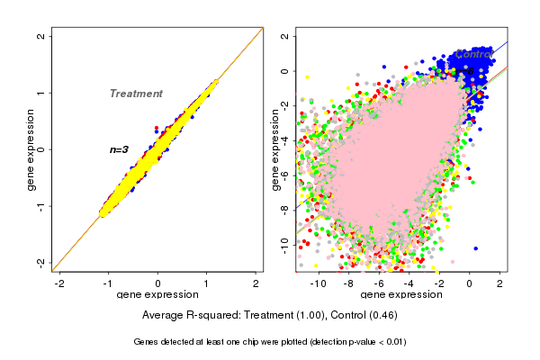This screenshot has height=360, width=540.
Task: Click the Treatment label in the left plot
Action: pyautogui.click(x=136, y=94)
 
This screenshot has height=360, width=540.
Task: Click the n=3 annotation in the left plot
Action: pyautogui.click(x=120, y=149)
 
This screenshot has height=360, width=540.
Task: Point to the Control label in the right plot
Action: pyautogui.click(x=472, y=55)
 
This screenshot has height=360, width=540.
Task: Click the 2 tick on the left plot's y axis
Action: pyautogui.click(x=40, y=36)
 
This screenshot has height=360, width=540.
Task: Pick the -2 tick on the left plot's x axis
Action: pyautogui.click(x=59, y=283)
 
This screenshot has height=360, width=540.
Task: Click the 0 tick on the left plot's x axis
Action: pyautogui.click(x=157, y=283)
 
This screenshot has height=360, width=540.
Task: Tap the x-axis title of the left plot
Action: pyautogui.click(x=157, y=295)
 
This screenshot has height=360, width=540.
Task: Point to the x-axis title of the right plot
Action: pyautogui.click(x=400, y=295)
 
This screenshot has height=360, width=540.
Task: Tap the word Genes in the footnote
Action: pyautogui.click(x=147, y=342)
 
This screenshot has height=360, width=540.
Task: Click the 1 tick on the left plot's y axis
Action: pyautogui.click(x=40, y=93)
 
